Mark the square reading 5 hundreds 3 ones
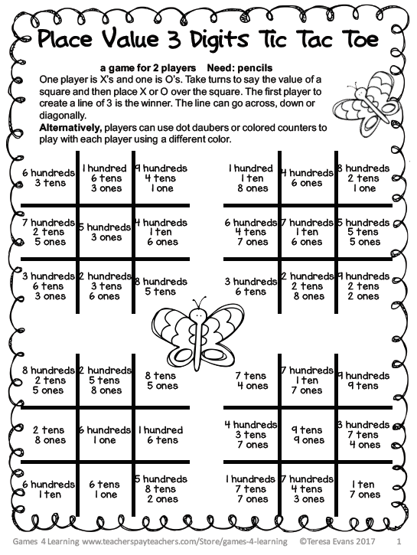105,232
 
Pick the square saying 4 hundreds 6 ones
307,178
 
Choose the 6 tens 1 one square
105,489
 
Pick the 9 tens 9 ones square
307,435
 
